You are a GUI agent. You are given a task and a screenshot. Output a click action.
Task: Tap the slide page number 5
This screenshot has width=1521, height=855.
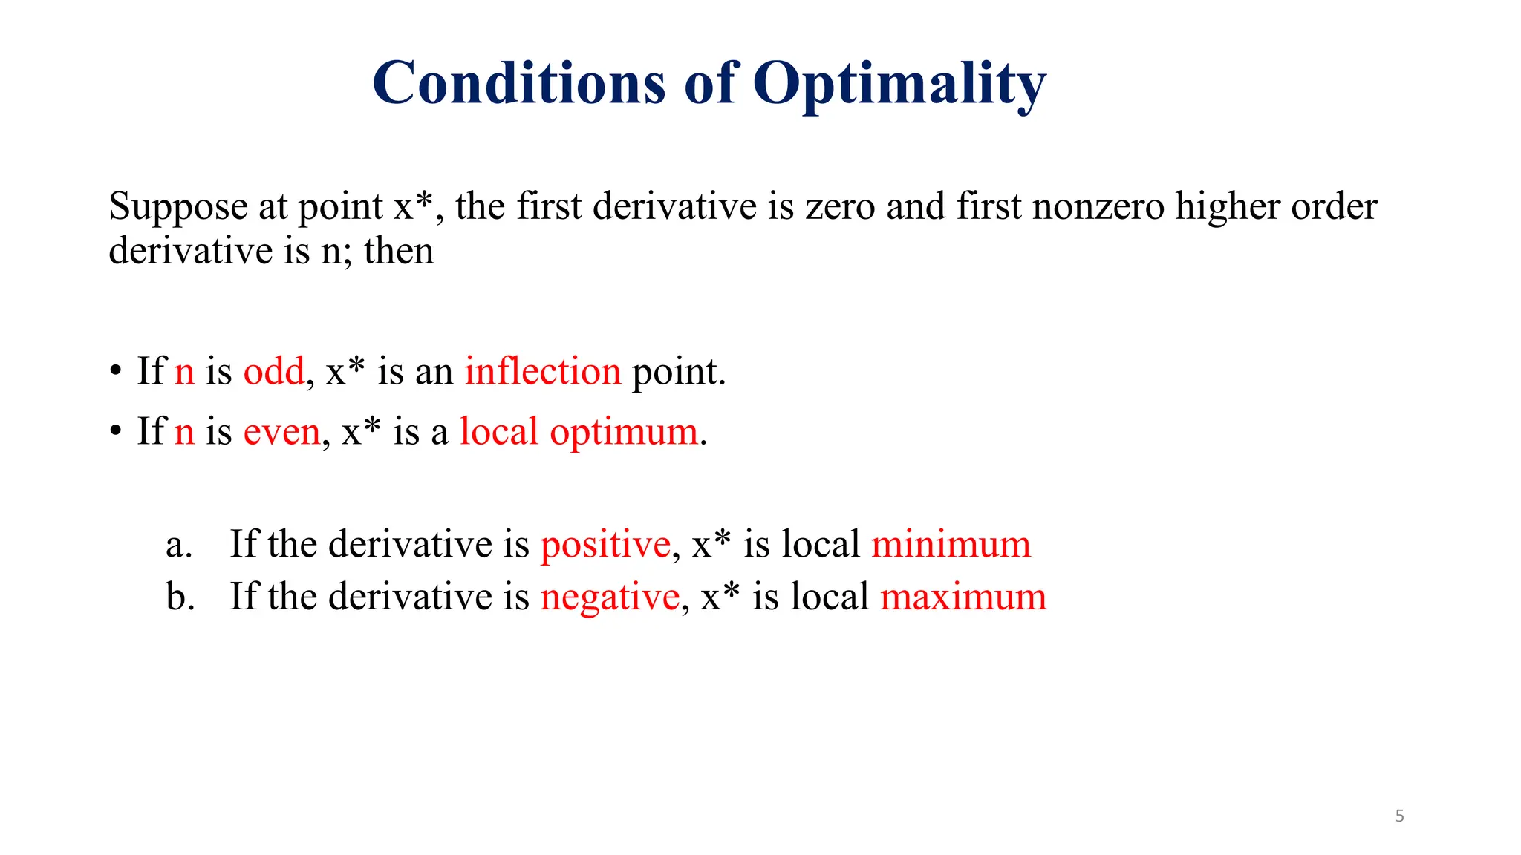tap(1399, 816)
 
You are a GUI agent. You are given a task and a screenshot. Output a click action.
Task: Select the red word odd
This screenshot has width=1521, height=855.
tap(273, 370)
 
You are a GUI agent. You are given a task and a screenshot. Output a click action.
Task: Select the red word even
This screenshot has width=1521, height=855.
tap(281, 432)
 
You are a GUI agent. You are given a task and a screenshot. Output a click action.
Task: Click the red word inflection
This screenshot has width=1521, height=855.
tap(542, 370)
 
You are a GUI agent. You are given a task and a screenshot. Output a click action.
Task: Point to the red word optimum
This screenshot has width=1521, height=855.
tap(624, 432)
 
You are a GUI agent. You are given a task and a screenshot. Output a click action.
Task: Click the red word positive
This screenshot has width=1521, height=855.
tap(605, 545)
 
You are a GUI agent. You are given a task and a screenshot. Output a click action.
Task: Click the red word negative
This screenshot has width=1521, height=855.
tap(609, 597)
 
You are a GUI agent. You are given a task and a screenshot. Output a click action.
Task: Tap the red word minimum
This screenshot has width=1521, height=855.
tap(951, 544)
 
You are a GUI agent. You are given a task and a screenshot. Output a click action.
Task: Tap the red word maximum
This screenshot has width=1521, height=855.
tap(963, 597)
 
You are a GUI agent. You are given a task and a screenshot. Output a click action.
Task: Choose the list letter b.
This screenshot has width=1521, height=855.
tap(180, 597)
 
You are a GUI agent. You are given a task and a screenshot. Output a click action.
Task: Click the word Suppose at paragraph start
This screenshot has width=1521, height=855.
tap(177, 207)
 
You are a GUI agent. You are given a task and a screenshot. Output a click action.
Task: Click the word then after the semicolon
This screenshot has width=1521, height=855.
tap(399, 251)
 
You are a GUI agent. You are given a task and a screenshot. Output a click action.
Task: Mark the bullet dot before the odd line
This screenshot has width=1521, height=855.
tap(115, 370)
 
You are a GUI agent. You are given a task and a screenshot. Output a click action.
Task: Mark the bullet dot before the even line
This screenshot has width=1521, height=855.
tap(115, 431)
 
